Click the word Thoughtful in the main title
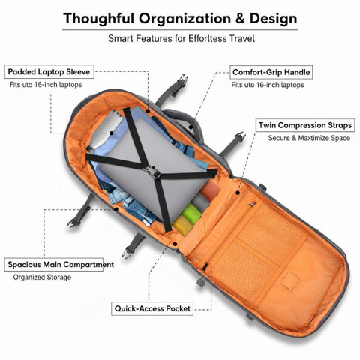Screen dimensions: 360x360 click(x=98, y=19)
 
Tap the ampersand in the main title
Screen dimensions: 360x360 click(x=240, y=18)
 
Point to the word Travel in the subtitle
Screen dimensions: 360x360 click(x=242, y=39)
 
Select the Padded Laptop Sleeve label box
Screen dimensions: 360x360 click(x=49, y=72)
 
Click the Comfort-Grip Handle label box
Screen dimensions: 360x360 click(x=271, y=72)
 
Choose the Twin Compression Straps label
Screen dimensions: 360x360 click(x=305, y=125)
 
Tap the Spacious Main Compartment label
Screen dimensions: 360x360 click(x=61, y=265)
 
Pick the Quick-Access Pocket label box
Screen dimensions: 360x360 click(x=152, y=308)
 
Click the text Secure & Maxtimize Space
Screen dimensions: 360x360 click(x=309, y=138)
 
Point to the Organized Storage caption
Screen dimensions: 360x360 click(x=42, y=277)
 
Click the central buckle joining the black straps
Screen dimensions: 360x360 click(x=152, y=172)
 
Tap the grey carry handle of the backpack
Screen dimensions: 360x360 click(x=185, y=121)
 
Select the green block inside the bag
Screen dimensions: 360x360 click(x=191, y=214)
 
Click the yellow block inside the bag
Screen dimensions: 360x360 click(x=182, y=225)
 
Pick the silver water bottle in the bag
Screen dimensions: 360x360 click(x=104, y=131)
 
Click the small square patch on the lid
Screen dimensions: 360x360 click(x=290, y=281)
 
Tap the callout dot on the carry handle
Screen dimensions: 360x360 click(x=190, y=127)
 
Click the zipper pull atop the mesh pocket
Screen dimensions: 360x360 click(x=252, y=204)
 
